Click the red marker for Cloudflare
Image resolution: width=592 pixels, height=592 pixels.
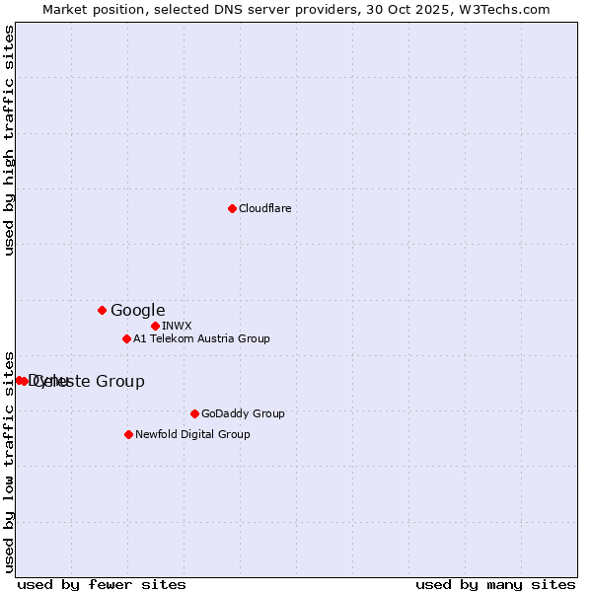click(x=232, y=208)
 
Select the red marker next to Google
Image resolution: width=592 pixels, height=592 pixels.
click(x=102, y=310)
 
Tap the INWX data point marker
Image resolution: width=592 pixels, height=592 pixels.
click(x=155, y=326)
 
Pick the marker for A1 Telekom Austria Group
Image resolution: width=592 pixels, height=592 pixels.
click(x=126, y=338)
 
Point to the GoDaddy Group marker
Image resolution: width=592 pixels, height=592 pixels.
click(x=194, y=413)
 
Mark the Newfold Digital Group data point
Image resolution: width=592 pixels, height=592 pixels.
click(x=128, y=434)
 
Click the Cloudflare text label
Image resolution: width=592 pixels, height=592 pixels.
click(x=264, y=208)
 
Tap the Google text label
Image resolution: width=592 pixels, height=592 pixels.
click(x=137, y=310)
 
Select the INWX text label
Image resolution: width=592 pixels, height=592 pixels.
click(x=177, y=326)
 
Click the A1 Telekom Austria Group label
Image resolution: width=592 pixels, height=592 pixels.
click(x=201, y=338)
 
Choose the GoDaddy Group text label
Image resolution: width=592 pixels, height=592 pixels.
click(x=242, y=413)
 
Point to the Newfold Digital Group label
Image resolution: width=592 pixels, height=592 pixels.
click(x=192, y=434)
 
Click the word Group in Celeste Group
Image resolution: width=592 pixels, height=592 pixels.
click(x=119, y=382)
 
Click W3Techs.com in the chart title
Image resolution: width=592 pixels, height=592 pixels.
click(x=501, y=9)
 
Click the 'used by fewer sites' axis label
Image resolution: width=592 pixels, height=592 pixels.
click(x=102, y=584)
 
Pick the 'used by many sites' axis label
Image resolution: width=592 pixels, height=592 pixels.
click(x=495, y=584)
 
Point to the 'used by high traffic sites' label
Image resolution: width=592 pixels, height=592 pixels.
click(x=9, y=140)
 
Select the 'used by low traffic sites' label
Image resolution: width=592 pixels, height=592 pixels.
click(x=9, y=461)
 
